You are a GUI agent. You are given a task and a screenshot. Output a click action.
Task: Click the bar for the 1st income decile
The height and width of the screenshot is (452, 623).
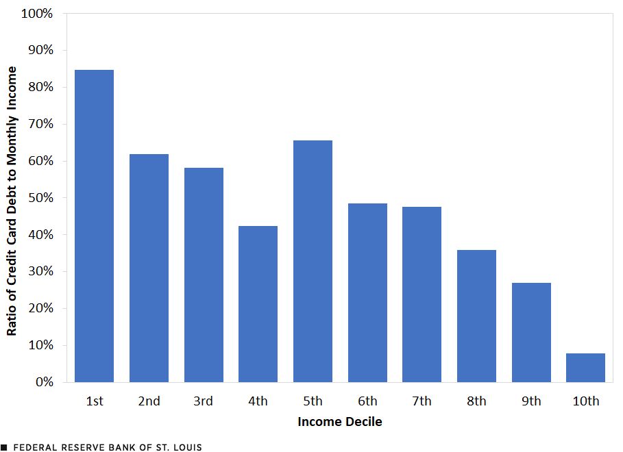pos(94,226)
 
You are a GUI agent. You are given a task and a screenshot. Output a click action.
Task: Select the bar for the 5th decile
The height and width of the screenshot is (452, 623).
pos(313,261)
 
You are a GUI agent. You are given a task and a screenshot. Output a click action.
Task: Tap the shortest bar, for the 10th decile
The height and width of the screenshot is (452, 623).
pos(585,368)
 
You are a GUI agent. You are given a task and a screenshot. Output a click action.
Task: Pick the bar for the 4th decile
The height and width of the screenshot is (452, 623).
pos(258,303)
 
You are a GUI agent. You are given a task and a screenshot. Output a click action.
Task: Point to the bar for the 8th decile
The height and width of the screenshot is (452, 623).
pos(476,316)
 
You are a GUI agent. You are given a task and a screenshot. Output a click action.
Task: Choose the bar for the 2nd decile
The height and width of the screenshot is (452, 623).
pos(149,268)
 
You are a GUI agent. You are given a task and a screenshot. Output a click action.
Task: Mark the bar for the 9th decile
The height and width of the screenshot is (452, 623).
pos(531,332)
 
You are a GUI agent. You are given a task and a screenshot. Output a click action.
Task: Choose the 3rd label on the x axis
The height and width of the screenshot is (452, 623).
pos(204,401)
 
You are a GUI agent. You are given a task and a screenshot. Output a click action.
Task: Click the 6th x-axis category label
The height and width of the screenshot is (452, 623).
pos(367,401)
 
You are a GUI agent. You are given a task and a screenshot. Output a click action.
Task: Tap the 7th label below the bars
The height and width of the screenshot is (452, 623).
pos(422,401)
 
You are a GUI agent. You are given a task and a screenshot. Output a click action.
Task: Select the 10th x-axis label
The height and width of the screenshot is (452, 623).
pos(585,401)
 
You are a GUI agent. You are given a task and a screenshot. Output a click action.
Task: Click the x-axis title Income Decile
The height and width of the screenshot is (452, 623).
pos(340,422)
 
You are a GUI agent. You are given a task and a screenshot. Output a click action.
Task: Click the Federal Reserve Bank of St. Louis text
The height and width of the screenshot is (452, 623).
pos(108,447)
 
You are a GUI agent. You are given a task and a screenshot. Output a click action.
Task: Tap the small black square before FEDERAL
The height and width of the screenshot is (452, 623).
pos(4,447)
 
